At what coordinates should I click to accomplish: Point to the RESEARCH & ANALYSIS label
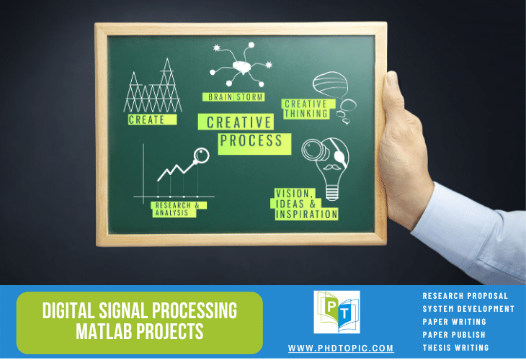click(x=177, y=210)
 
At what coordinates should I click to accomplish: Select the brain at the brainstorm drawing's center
click(x=242, y=67)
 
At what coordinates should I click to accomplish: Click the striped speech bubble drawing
click(x=331, y=85)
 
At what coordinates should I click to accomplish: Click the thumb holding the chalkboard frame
click(x=393, y=95)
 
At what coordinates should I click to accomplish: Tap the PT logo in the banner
click(x=336, y=312)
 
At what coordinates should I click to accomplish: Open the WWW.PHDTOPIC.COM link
click(x=341, y=348)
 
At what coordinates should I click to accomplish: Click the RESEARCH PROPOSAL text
click(x=465, y=296)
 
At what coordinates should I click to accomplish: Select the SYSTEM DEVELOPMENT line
click(x=468, y=309)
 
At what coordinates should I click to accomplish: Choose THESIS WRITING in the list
click(x=455, y=348)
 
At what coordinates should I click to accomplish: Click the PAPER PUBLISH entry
click(x=454, y=335)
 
